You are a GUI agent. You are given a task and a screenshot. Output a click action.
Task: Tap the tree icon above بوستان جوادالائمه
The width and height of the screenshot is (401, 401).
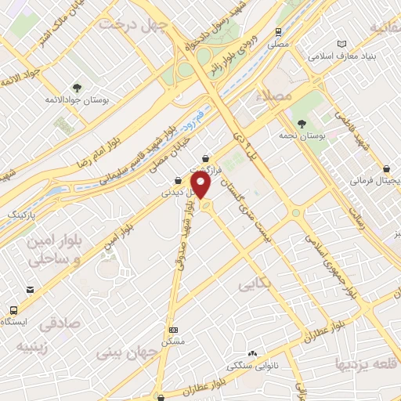(76, 87)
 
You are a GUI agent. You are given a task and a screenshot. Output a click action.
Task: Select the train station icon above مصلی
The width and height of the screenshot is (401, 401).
(278, 32)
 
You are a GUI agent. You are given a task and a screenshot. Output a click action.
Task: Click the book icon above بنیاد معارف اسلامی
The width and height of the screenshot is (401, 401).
(340, 44)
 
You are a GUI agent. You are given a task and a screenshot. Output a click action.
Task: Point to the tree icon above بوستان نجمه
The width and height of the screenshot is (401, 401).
(302, 123)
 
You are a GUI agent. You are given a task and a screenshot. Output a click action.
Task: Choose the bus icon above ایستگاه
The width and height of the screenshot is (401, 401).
(29, 290)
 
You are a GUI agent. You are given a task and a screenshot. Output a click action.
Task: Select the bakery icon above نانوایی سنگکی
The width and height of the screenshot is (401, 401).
(251, 353)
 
